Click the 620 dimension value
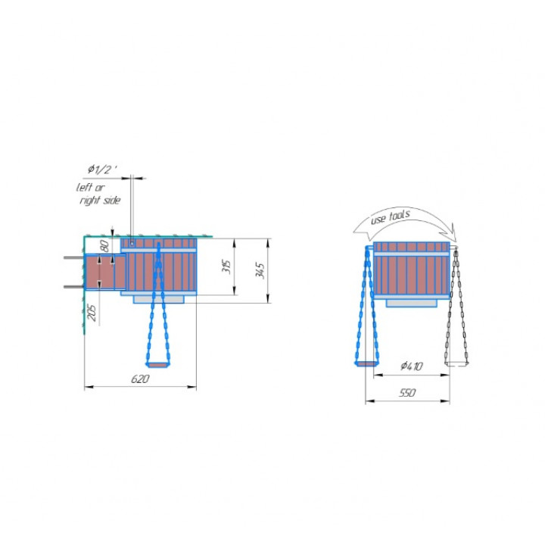[140, 379]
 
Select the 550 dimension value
[407, 393]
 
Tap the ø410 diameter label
[412, 366]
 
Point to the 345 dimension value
[260, 271]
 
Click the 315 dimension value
[226, 266]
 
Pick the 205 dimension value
[92, 313]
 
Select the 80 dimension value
[104, 246]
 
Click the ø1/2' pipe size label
[102, 170]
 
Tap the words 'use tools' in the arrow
[391, 216]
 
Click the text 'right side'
[100, 201]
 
